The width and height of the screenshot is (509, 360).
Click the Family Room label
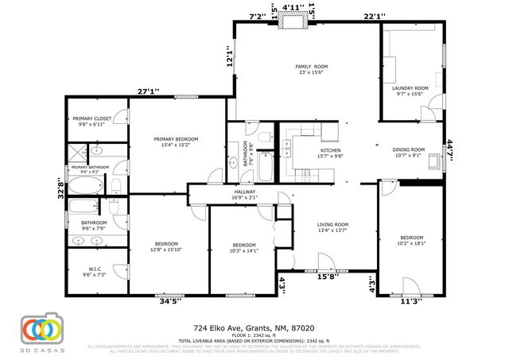click(312, 67)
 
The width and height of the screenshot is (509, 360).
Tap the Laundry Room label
click(410, 88)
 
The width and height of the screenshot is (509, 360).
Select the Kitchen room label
click(331, 150)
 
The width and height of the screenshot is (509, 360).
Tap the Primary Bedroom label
click(176, 139)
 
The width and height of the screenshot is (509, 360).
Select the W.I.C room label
click(93, 269)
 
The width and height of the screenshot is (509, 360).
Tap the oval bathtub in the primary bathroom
click(86, 186)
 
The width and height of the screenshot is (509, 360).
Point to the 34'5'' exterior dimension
click(170, 301)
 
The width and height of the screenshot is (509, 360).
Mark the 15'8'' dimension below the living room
click(327, 277)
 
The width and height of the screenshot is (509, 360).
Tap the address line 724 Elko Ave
click(254, 327)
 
